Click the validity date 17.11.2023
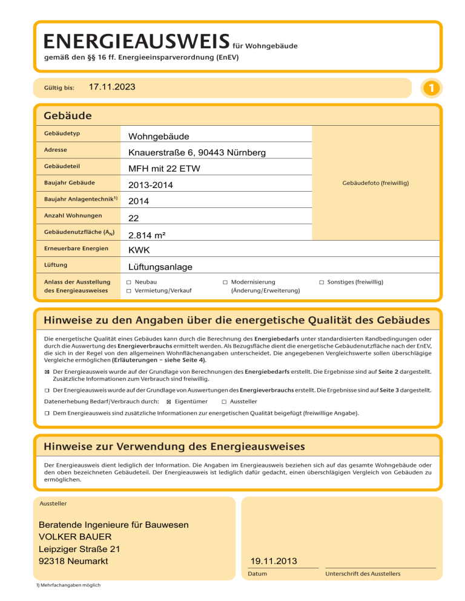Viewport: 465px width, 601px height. (x=111, y=88)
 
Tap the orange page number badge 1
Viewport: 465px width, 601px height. (x=429, y=88)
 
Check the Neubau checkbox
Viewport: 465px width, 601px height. (x=128, y=282)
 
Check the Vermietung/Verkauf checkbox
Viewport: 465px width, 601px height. (x=128, y=291)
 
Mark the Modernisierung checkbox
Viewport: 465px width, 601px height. (x=225, y=282)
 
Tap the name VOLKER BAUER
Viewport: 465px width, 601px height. (x=75, y=536)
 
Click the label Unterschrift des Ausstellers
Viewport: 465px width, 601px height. (x=363, y=574)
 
